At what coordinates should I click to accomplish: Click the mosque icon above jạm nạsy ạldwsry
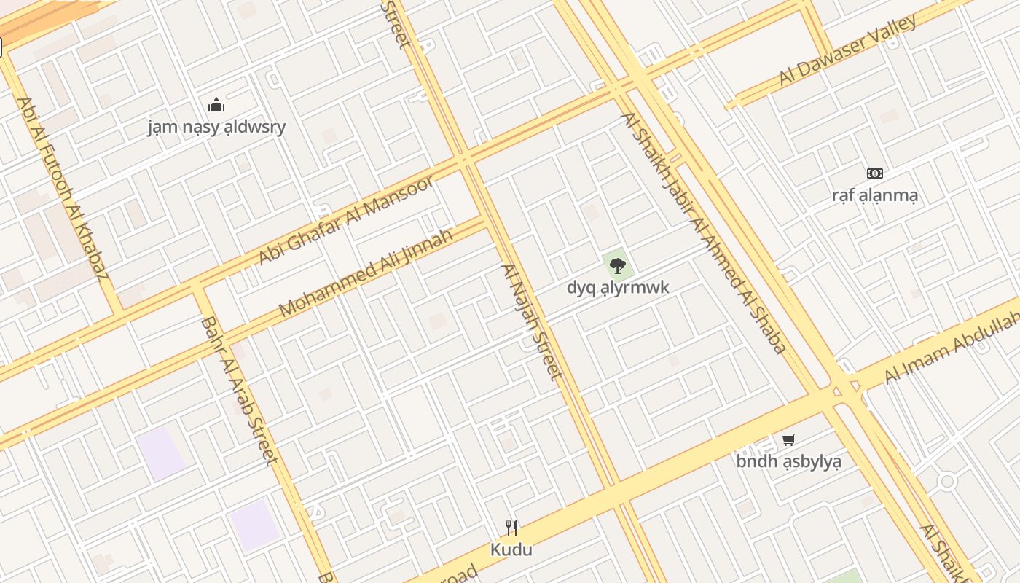coord(216,106)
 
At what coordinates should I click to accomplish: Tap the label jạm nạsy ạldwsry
coord(216,127)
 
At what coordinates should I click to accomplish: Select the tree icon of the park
coord(618,265)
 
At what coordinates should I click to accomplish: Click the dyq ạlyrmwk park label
coord(618,287)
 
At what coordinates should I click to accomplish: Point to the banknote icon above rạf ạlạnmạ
coord(875,173)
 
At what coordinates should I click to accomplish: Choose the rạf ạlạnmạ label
coord(875,195)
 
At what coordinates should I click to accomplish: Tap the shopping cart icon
coord(788,439)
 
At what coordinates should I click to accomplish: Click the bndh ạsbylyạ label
coord(788,461)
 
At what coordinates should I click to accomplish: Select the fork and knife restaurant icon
coord(511,528)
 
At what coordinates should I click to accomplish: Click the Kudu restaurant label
coord(511,549)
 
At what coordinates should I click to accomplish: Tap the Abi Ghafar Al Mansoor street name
coord(347,219)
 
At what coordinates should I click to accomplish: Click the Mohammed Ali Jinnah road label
coord(366,273)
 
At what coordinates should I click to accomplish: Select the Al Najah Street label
coord(532,321)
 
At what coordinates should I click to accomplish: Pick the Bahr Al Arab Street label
coord(239,390)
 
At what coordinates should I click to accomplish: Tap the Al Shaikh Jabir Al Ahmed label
coord(703,233)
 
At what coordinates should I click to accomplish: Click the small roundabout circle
coord(946,481)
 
